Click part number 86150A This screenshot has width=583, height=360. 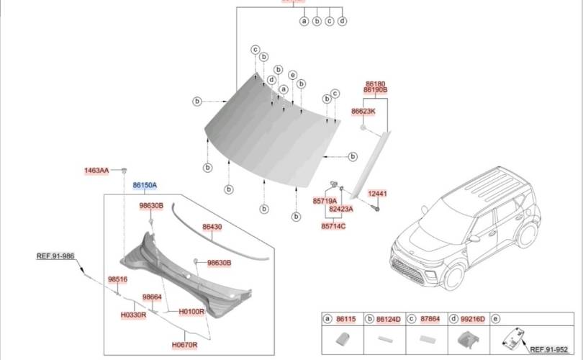(x=145, y=185)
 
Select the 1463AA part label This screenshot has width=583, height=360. (x=96, y=171)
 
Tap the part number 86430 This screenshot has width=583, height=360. (x=212, y=228)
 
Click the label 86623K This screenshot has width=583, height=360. (x=363, y=112)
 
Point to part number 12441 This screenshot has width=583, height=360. (x=378, y=194)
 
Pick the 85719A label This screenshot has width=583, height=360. (x=325, y=201)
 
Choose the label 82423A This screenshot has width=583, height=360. (x=341, y=209)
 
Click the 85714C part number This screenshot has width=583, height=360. (x=333, y=226)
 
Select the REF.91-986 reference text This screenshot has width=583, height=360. (x=55, y=256)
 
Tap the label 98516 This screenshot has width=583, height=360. (x=117, y=279)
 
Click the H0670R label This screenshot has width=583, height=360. (x=184, y=344)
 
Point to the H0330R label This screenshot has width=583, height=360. (x=133, y=315)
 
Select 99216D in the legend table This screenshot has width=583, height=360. (x=472, y=318)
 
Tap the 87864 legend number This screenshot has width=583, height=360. (x=430, y=318)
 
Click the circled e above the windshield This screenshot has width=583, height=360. (x=292, y=75)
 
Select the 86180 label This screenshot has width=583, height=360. (x=376, y=84)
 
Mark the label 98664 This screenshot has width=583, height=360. (x=152, y=297)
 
